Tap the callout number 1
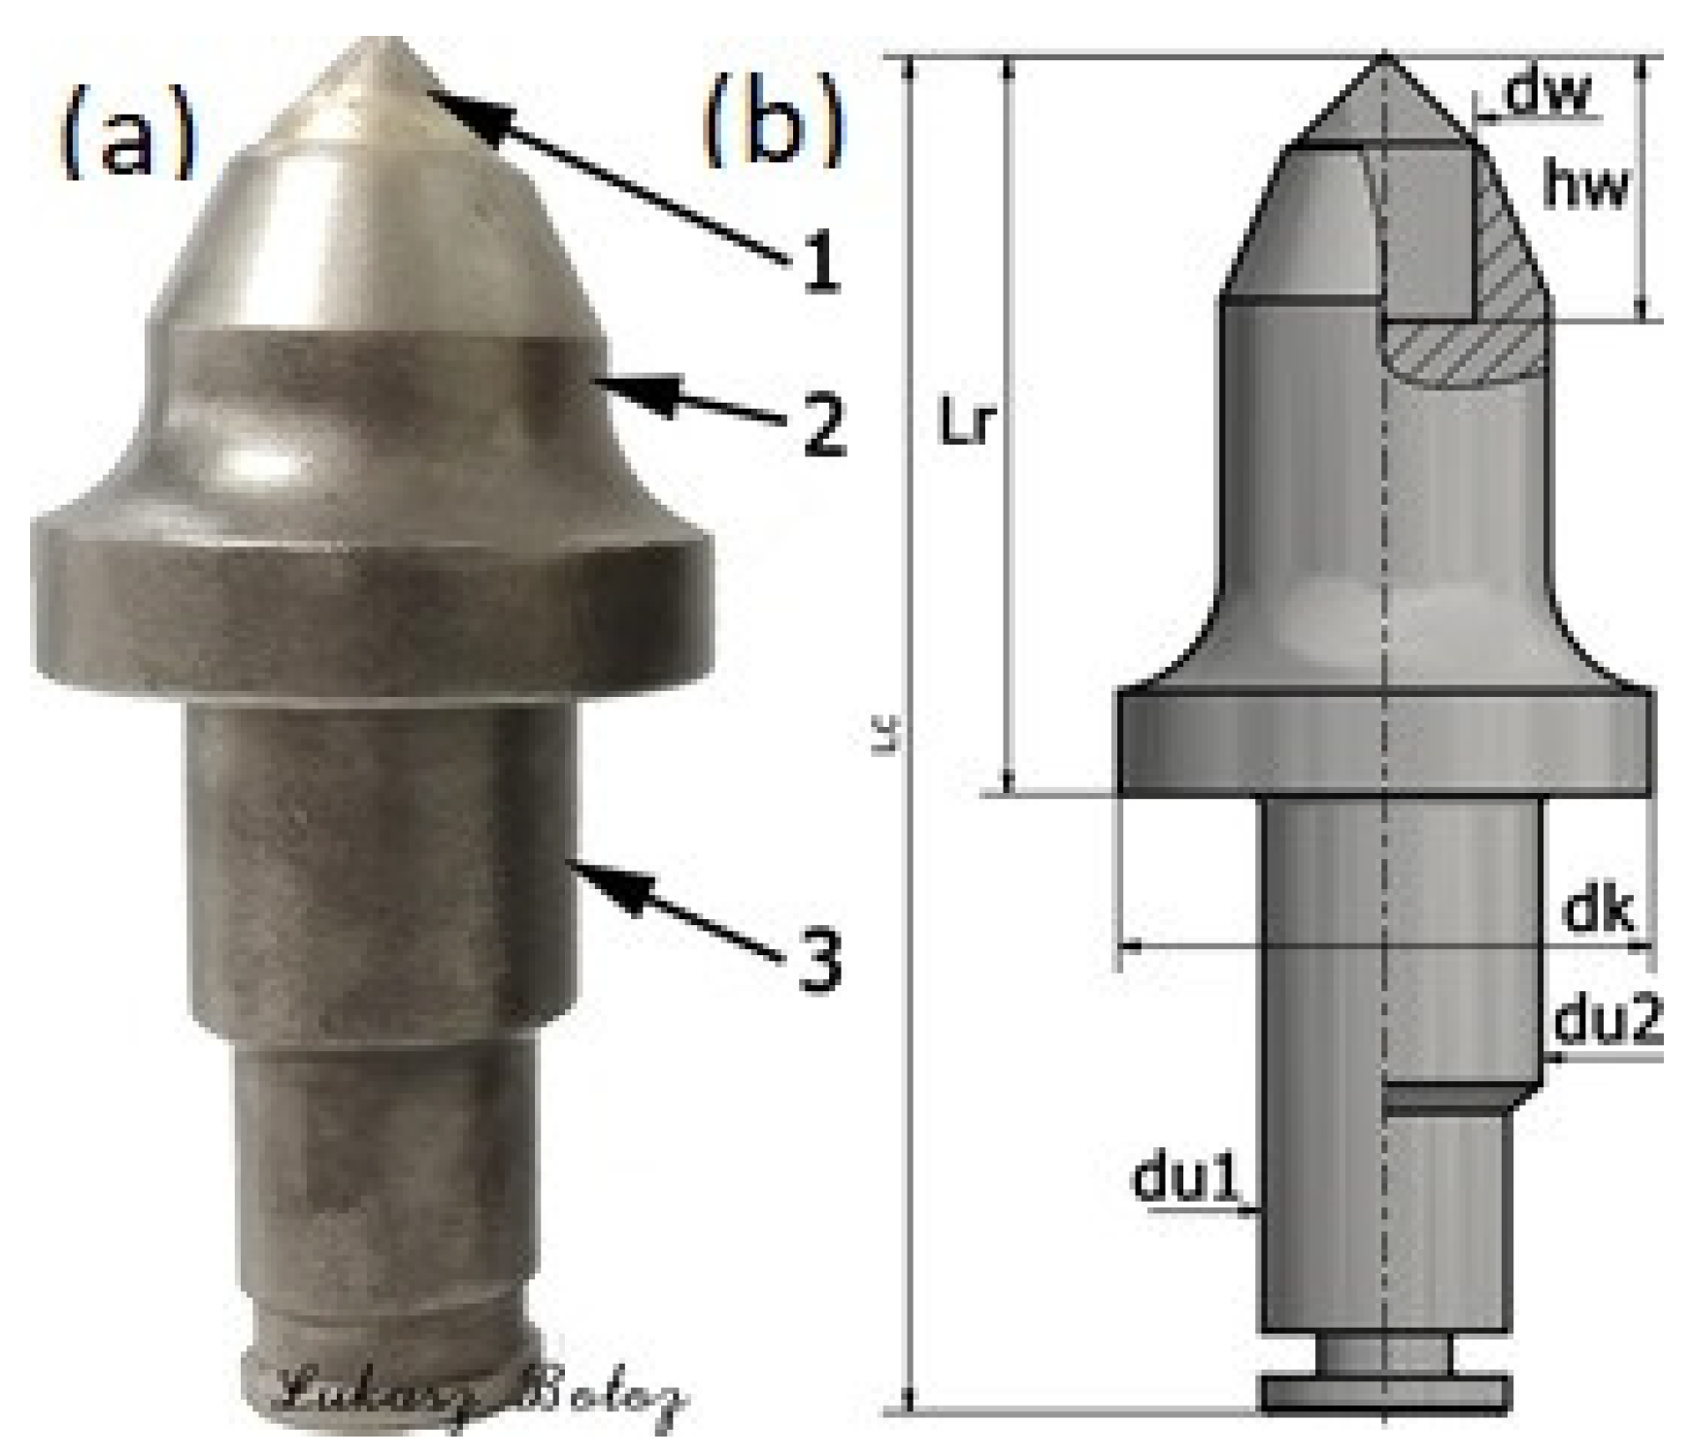820,265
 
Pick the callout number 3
820,963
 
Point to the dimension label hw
1585,186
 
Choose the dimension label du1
1186,1178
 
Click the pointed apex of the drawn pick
1384,60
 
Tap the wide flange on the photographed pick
374,602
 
